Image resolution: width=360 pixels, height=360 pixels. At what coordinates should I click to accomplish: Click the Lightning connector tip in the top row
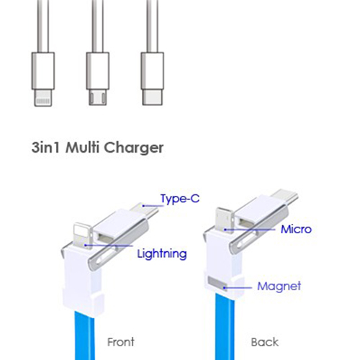point(43,98)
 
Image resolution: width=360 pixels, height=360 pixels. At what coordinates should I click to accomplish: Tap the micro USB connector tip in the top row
point(98,97)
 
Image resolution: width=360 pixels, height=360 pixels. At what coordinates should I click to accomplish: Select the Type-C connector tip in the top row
point(153,97)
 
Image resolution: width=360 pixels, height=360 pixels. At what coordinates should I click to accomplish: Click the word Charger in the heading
point(134,148)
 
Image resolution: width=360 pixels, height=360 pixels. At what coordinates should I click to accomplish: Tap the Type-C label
point(180,199)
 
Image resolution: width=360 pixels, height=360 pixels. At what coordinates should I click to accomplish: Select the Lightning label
point(162,254)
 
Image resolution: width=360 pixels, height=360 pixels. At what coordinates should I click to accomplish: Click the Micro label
point(296,229)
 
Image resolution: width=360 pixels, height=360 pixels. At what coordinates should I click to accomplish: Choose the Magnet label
point(279,286)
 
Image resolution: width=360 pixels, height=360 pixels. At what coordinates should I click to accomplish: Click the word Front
point(121,342)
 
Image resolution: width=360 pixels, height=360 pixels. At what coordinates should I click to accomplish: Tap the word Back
point(265,342)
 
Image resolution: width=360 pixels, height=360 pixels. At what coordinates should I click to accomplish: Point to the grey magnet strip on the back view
point(217,283)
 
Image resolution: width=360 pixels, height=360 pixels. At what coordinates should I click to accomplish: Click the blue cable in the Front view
point(85,336)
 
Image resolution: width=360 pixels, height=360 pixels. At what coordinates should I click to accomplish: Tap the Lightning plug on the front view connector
point(83,236)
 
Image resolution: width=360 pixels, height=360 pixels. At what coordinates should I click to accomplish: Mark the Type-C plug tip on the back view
point(286,196)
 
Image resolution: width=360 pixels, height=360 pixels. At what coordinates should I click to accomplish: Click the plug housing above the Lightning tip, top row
point(43,71)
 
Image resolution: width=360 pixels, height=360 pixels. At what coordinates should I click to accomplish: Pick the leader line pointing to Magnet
point(238,287)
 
